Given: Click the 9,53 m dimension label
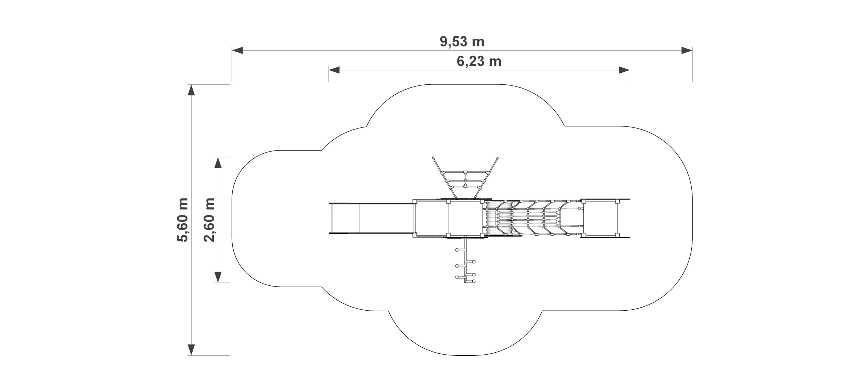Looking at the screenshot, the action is pyautogui.click(x=462, y=42).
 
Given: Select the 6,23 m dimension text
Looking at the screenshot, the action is pyautogui.click(x=479, y=61).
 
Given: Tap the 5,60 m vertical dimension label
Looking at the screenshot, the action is pyautogui.click(x=183, y=219).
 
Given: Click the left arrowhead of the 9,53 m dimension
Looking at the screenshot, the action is pyautogui.click(x=238, y=50).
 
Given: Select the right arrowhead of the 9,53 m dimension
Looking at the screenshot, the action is pyautogui.click(x=687, y=50).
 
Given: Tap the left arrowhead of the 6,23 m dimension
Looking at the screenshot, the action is pyautogui.click(x=334, y=70).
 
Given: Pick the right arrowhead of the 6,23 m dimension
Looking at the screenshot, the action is pyautogui.click(x=624, y=70).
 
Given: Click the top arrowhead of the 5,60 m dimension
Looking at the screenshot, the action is pyautogui.click(x=191, y=90).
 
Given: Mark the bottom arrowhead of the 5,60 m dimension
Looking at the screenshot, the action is pyautogui.click(x=191, y=349).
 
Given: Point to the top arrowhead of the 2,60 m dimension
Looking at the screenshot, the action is pyautogui.click(x=218, y=162).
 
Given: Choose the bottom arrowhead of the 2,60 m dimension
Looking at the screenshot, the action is pyautogui.click(x=218, y=277).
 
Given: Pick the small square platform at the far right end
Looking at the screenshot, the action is pyautogui.click(x=600, y=218).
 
